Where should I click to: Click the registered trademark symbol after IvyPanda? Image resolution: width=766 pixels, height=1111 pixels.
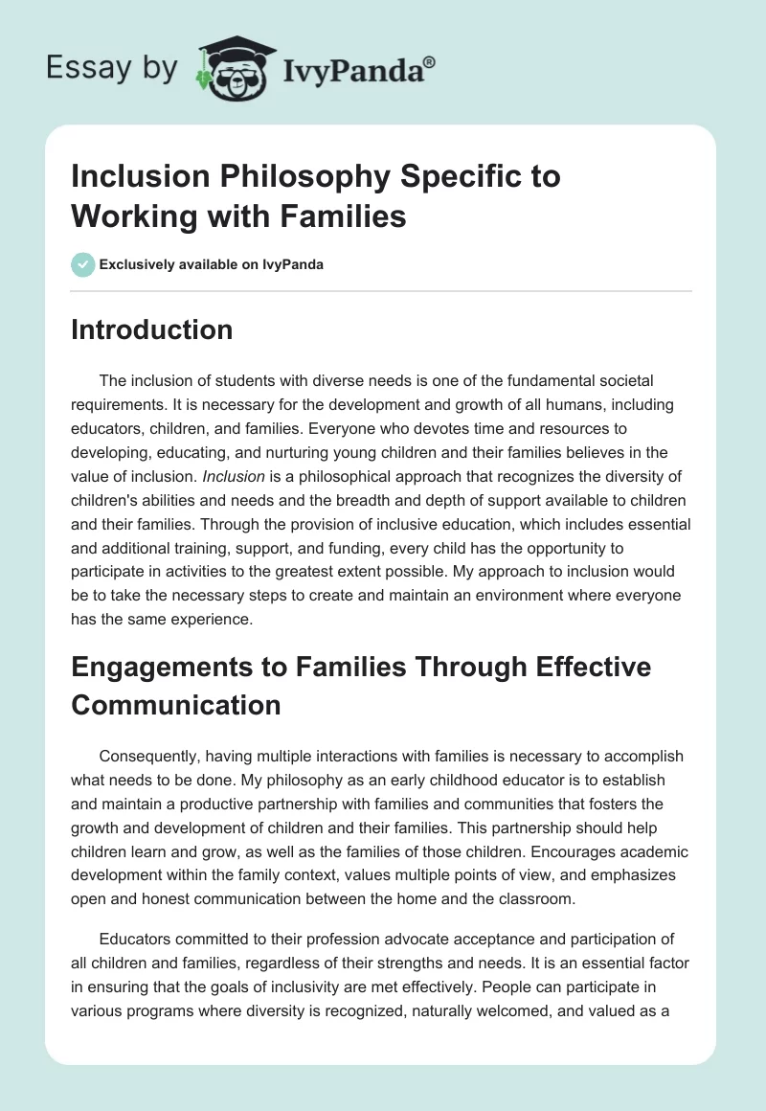tap(430, 63)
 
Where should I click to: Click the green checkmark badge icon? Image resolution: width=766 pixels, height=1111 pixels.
tap(83, 264)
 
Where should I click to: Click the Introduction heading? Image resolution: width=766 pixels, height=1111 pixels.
tap(152, 330)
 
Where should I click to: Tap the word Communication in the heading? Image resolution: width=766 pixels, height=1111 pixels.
tap(176, 705)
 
